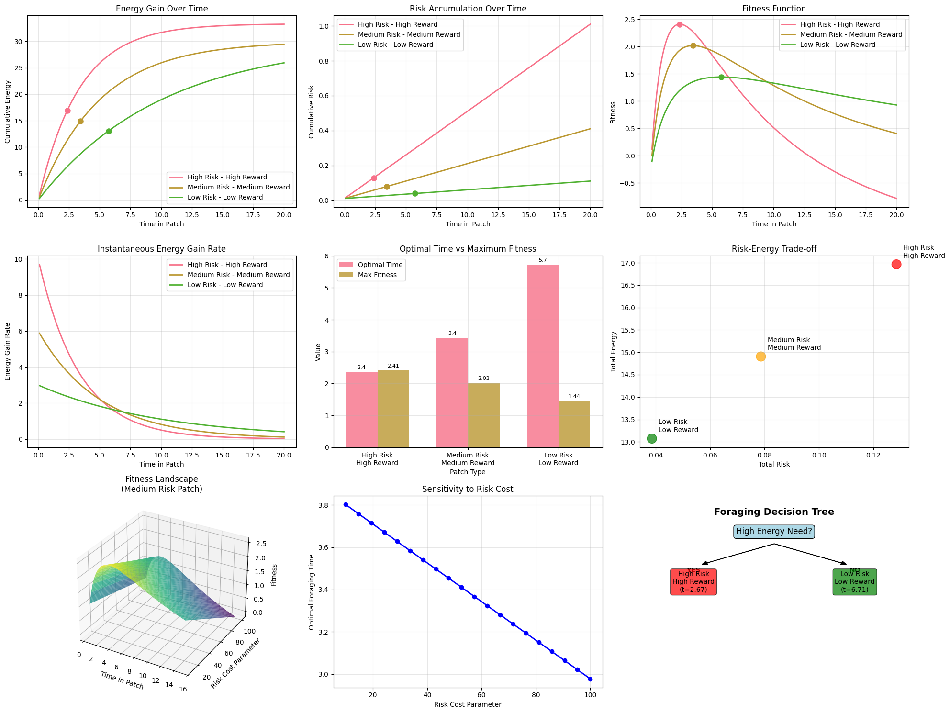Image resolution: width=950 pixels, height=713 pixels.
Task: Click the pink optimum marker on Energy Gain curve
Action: (67, 111)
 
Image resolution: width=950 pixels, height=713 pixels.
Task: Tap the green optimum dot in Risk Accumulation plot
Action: (415, 193)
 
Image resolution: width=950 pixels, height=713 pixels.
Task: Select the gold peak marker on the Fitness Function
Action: (693, 45)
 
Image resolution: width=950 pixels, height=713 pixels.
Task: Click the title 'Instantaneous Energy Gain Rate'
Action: (161, 249)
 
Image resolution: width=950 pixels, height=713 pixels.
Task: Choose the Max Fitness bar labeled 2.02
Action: (483, 415)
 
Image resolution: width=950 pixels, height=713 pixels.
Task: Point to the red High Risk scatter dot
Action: (896, 264)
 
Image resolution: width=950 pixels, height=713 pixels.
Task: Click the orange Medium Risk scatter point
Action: (760, 356)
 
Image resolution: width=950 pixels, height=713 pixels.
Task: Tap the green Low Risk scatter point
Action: (652, 438)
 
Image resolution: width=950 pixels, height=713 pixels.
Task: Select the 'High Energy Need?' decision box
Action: (774, 532)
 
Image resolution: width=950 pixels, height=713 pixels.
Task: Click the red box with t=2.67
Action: (693, 582)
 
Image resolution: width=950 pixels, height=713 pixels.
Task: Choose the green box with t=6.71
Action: (854, 582)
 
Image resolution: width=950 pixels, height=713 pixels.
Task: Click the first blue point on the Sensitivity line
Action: (346, 504)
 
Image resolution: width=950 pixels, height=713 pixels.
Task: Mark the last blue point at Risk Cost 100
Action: (590, 679)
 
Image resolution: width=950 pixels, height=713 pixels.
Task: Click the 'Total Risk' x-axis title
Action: (774, 464)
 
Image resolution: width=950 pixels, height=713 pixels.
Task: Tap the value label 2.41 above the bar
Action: (393, 366)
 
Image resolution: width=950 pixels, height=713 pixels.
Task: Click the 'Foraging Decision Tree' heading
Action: (774, 512)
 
